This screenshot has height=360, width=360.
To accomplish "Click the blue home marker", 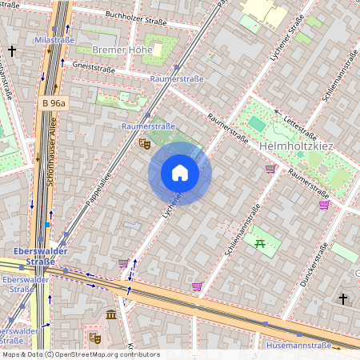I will click(180, 173).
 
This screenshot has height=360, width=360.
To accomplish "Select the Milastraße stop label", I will click(53, 39).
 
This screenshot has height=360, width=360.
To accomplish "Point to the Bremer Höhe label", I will click(122, 50).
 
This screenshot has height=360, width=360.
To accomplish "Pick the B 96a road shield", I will click(54, 103).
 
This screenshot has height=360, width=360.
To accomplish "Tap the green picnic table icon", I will click(259, 243).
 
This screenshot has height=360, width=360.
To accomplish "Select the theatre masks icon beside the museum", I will click(95, 338).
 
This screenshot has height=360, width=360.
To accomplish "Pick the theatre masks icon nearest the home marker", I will click(144, 143).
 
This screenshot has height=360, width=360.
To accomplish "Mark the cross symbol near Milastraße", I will click(12, 51).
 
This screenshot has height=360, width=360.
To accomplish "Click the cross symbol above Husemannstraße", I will click(343, 299).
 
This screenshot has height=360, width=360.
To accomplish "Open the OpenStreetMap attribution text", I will click(80, 354).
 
